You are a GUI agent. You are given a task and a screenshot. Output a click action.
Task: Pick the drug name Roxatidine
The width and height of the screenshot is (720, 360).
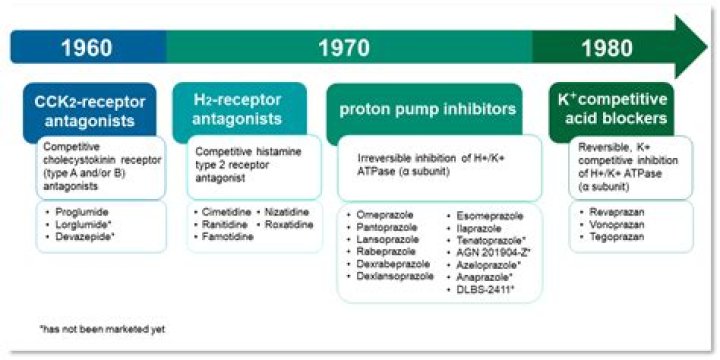[x=290, y=227]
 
